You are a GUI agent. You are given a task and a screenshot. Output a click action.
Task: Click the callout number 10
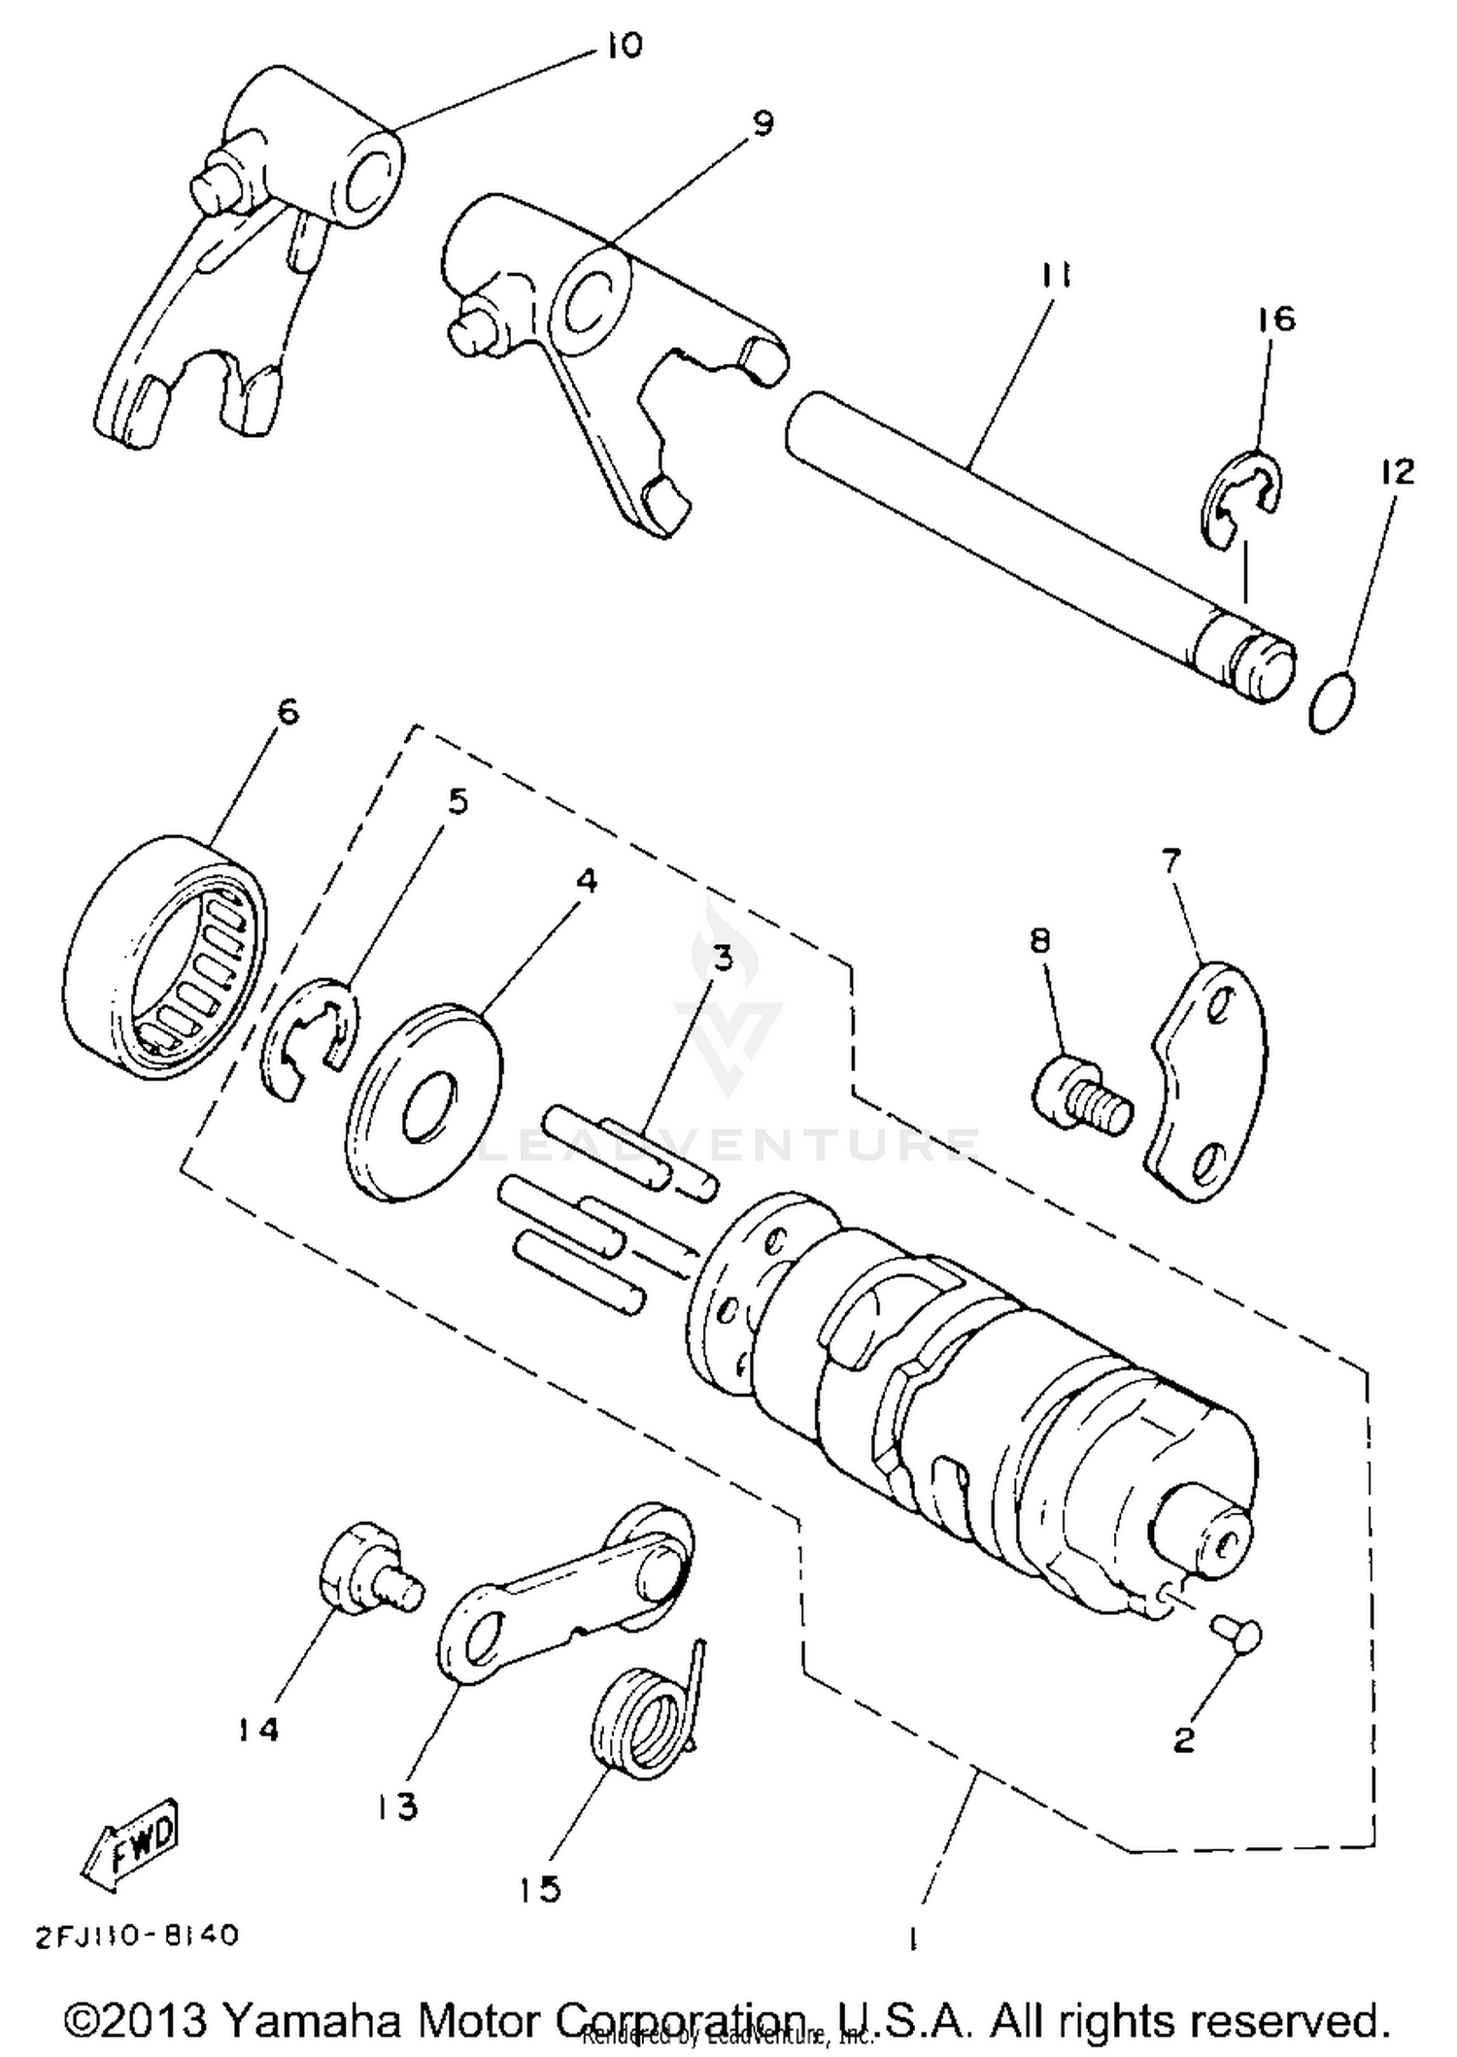625,46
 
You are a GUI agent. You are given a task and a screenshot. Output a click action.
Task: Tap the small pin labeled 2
1236,1633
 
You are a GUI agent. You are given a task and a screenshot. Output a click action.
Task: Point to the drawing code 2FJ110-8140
136,1935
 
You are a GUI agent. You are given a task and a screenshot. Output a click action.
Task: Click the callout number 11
1055,277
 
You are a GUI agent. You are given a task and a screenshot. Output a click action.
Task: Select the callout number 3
722,960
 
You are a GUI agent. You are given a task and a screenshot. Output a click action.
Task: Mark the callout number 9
762,123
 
